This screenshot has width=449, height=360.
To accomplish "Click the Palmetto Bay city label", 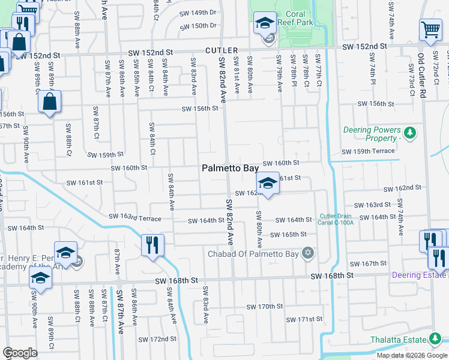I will pyautogui.click(x=230, y=169).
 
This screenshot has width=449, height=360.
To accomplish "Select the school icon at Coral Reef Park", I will pyautogui.click(x=265, y=25).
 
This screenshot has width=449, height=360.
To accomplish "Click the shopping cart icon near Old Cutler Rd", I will pyautogui.click(x=430, y=29).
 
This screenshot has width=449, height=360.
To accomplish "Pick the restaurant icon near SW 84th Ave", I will pyautogui.click(x=152, y=245).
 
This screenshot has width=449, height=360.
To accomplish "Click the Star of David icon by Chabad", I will pyautogui.click(x=308, y=251).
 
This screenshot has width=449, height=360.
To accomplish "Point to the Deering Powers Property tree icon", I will pyautogui.click(x=411, y=132).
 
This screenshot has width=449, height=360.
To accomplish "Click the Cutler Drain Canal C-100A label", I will pyautogui.click(x=336, y=219).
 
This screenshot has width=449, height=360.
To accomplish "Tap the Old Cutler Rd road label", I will pyautogui.click(x=422, y=76).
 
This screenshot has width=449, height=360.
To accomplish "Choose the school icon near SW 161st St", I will pyautogui.click(x=268, y=184).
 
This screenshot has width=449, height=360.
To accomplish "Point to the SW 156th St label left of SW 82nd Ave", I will pyautogui.click(x=199, y=109).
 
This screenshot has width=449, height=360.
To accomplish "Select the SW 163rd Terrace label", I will pyautogui.click(x=134, y=217).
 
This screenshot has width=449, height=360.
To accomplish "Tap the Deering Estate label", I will pyautogui.click(x=419, y=275).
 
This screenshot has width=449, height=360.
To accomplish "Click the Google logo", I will pyautogui.click(x=20, y=352).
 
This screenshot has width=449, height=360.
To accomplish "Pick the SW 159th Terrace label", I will pyautogui.click(x=368, y=152).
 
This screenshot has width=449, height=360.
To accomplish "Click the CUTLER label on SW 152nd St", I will pyautogui.click(x=221, y=51).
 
